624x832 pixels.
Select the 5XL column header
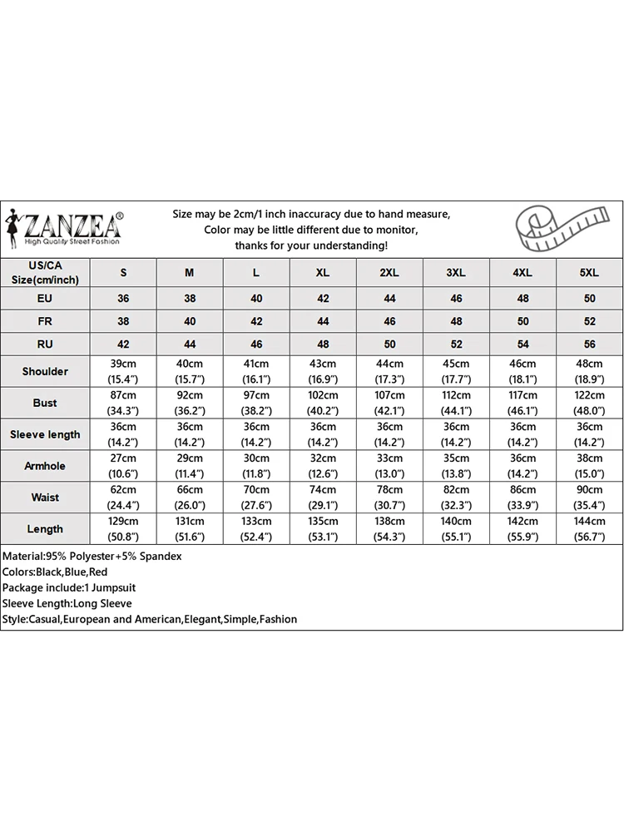[x=589, y=273]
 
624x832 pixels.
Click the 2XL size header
[x=389, y=273]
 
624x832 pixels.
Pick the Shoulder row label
[x=45, y=371]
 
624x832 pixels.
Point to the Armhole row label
[x=45, y=466]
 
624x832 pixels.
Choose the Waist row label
[x=45, y=498]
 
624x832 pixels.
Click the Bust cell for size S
[x=124, y=403]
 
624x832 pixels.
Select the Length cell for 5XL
[x=589, y=529]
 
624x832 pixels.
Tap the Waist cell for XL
[x=323, y=498]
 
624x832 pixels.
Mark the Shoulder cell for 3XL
[x=456, y=371]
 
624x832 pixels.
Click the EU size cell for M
[x=190, y=298]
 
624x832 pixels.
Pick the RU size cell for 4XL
[x=522, y=344]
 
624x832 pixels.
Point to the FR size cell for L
[x=256, y=321]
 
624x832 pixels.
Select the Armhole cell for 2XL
[x=389, y=466]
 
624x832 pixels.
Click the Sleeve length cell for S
[x=124, y=434]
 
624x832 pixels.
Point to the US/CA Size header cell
[x=45, y=273]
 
